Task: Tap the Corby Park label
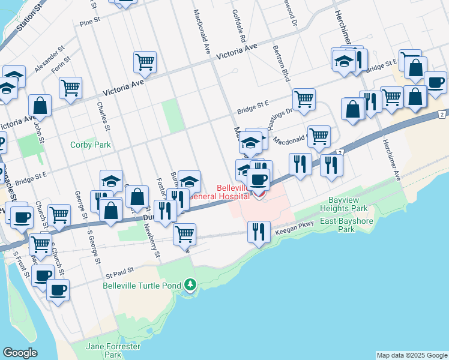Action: click(x=91, y=145)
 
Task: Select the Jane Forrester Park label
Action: click(x=113, y=351)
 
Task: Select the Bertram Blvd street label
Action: click(x=282, y=63)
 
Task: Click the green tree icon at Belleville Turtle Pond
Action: click(x=190, y=284)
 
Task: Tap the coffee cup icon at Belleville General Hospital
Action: click(x=259, y=179)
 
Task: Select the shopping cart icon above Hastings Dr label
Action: click(x=304, y=98)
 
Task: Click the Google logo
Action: click(x=20, y=353)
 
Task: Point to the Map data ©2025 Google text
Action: click(x=412, y=355)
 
